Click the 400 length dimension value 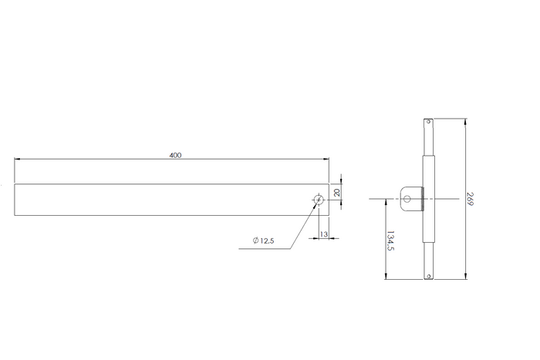(x=175, y=155)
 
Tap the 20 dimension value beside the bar (x=337, y=193)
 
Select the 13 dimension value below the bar (x=324, y=234)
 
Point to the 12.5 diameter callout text (x=267, y=241)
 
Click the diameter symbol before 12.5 (x=255, y=241)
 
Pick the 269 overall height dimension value (x=470, y=199)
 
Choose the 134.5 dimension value (x=390, y=241)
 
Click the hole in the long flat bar (x=319, y=200)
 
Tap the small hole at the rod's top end (x=428, y=122)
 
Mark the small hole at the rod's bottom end (x=428, y=276)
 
